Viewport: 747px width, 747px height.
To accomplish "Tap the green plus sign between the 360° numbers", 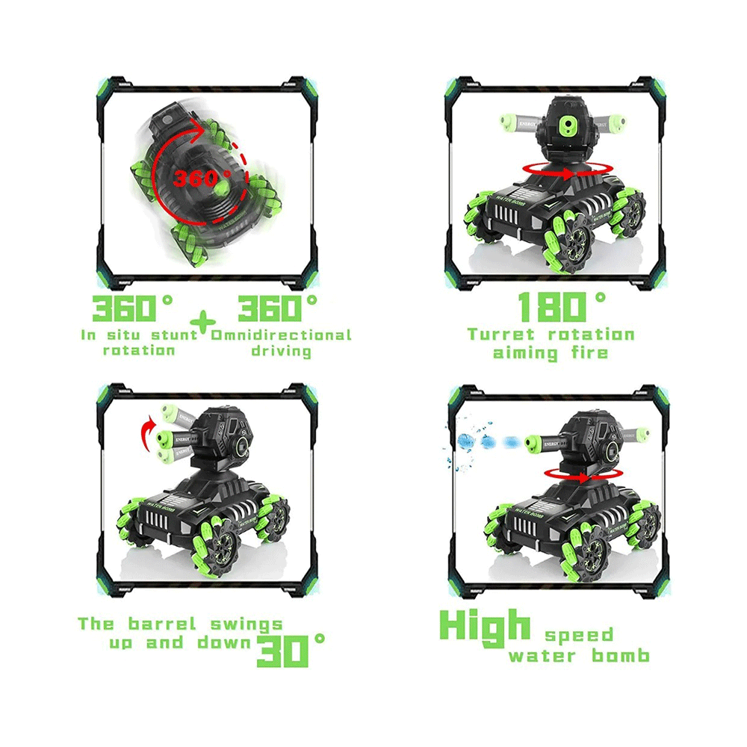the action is point(203,323).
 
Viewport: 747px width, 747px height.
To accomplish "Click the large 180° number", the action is point(561,307).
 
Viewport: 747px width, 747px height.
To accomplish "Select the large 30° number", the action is point(291,651).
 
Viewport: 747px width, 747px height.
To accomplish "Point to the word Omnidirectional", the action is point(281,335).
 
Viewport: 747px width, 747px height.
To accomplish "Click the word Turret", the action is point(500,335).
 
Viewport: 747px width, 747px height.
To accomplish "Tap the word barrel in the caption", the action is point(162,624).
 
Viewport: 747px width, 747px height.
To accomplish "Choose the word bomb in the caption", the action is point(620,656).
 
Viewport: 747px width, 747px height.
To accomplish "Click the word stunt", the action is point(174,335).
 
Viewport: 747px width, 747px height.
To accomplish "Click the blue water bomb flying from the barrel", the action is point(466,441).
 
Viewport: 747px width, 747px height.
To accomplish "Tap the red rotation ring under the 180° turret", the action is point(567,171).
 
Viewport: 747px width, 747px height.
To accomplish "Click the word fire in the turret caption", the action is point(590,353).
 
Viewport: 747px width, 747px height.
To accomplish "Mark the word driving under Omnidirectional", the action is point(281,352).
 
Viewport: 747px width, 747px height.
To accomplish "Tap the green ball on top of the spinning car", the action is point(222,189).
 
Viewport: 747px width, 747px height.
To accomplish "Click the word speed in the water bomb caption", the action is point(578,636).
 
